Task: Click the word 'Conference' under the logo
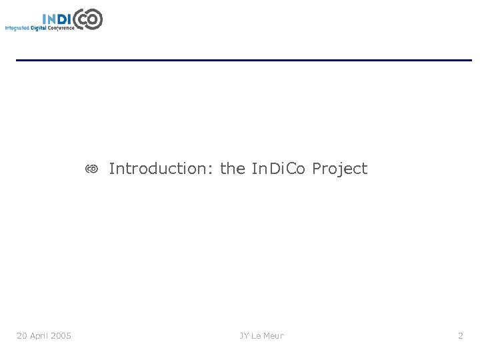[61, 28]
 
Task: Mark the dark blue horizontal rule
[243, 61]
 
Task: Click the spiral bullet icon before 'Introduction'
[92, 169]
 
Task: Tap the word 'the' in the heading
[233, 169]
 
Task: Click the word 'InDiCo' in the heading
[279, 169]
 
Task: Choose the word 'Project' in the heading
[340, 169]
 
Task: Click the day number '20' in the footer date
[22, 335]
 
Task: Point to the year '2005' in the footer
[61, 335]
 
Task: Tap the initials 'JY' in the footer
[245, 335]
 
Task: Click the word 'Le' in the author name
[257, 335]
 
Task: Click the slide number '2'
[460, 335]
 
